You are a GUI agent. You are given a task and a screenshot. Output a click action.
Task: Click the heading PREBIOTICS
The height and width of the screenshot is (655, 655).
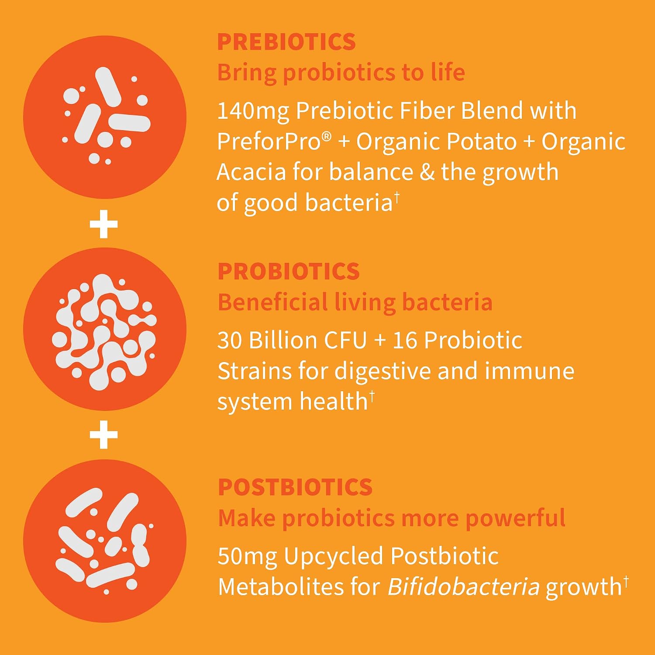coord(286,42)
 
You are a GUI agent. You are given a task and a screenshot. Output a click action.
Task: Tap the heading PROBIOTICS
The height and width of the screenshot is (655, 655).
coord(289,272)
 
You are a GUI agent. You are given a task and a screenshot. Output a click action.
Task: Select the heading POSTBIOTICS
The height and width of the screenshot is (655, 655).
coord(295,487)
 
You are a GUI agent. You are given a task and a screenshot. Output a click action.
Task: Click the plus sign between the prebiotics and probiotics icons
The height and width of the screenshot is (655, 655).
coord(103,224)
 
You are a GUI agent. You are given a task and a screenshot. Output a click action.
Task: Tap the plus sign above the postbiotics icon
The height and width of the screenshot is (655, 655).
coord(103,435)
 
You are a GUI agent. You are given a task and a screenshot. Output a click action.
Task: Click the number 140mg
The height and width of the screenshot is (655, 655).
coord(253,111)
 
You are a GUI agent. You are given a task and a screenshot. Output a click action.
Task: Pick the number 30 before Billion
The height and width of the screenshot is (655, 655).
coord(230,341)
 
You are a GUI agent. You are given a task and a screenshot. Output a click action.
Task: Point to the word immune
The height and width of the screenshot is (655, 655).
coord(529,372)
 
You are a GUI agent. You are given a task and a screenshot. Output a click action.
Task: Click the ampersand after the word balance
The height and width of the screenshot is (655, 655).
coord(427,172)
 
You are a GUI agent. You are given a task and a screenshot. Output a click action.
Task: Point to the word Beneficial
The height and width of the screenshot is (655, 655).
coord(272,302)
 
